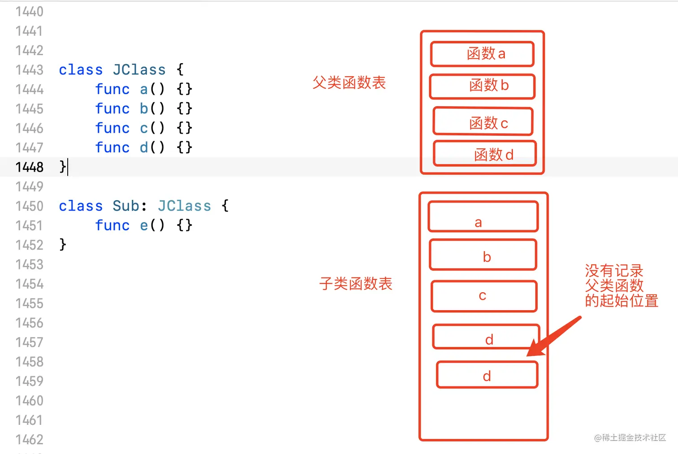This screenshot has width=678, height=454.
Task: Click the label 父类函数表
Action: pyautogui.click(x=349, y=82)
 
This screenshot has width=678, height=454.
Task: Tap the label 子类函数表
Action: pyautogui.click(x=356, y=284)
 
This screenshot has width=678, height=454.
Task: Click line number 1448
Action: pyautogui.click(x=29, y=167)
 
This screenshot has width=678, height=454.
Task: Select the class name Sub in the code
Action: pyautogui.click(x=126, y=206)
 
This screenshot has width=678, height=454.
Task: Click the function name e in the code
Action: pyautogui.click(x=144, y=225)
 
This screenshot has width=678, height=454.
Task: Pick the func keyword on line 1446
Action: pyautogui.click(x=112, y=128)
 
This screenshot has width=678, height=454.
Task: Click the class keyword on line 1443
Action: pyautogui.click(x=81, y=70)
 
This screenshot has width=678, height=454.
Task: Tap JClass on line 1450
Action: pyautogui.click(x=184, y=206)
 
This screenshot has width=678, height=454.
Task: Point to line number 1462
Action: pyautogui.click(x=29, y=440)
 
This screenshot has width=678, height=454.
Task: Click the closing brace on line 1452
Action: pyautogui.click(x=63, y=244)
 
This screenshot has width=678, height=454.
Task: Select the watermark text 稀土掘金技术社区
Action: pyautogui.click(x=634, y=437)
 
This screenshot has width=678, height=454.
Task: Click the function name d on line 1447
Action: pyautogui.click(x=144, y=147)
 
